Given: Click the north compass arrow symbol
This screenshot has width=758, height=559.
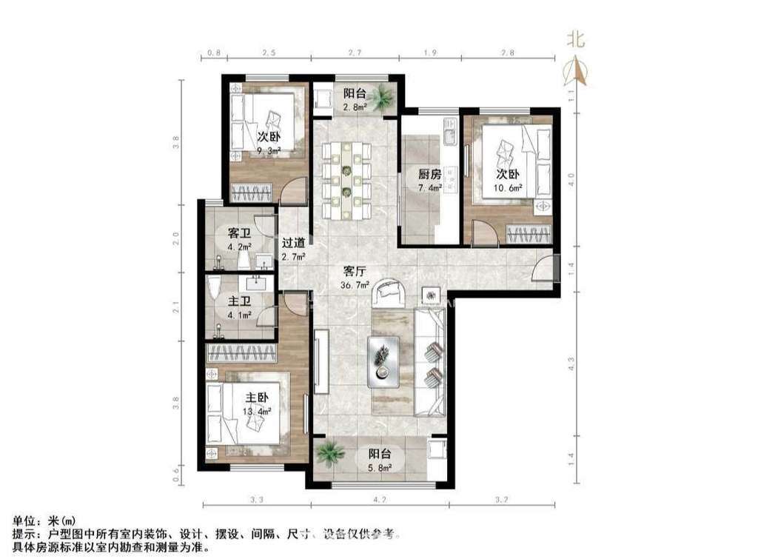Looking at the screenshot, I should coord(577,70).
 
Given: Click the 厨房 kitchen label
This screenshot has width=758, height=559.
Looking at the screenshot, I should coord(429,175).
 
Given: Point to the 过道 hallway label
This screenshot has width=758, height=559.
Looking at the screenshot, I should coord(293,243).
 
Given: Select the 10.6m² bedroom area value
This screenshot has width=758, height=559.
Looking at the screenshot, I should coord(509,188).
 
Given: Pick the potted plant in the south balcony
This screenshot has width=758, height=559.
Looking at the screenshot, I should coord(329,451).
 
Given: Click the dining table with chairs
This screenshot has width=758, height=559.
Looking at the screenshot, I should coord(346,177).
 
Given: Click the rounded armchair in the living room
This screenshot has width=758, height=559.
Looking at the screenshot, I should coord(390,292).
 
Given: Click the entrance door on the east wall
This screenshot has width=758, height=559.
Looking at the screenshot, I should coord(546,269).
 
